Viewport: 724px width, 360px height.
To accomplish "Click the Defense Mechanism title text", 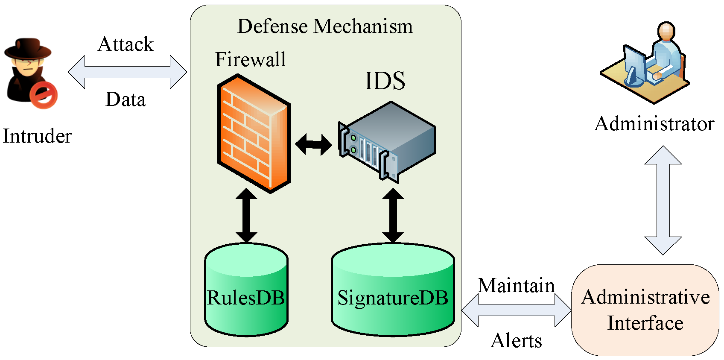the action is click(325, 26).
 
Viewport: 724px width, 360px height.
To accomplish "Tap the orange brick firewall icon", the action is click(254, 134).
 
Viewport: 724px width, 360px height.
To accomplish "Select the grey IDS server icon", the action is click(387, 142).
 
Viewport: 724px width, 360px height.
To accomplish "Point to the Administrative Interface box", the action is click(645, 310).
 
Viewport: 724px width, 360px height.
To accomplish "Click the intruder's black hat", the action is click(28, 49).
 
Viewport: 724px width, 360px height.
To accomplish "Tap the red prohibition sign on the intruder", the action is click(43, 95).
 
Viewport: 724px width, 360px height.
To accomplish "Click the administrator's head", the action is click(666, 32).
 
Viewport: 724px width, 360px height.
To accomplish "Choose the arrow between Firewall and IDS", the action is click(313, 145).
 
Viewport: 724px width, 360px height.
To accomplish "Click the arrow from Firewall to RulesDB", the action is click(246, 215).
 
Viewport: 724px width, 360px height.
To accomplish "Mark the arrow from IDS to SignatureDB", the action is click(393, 215).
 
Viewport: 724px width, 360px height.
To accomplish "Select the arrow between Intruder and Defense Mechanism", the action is click(127, 72).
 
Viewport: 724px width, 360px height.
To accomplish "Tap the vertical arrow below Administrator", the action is click(663, 200).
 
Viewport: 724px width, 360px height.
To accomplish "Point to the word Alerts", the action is click(516, 341).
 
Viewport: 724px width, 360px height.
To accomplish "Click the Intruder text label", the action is click(38, 136).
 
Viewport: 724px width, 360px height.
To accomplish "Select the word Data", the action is click(126, 100).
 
